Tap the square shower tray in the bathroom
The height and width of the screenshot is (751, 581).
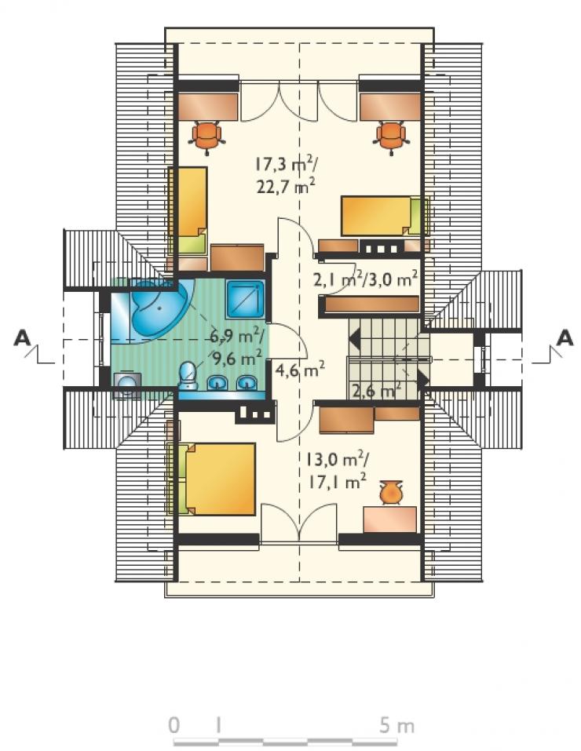pyautogui.click(x=246, y=299)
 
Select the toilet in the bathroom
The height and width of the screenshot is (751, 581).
pyautogui.click(x=188, y=377)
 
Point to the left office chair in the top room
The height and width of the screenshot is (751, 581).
pyautogui.click(x=207, y=137)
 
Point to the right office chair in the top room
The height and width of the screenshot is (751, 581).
pyautogui.click(x=391, y=137)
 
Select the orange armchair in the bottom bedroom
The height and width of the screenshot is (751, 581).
pyautogui.click(x=390, y=492)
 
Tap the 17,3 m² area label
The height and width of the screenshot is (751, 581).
pyautogui.click(x=284, y=165)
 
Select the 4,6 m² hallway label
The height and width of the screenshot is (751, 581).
pyautogui.click(x=300, y=370)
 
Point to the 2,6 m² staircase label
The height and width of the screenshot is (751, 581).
pyautogui.click(x=376, y=390)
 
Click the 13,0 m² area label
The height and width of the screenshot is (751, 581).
pyautogui.click(x=337, y=460)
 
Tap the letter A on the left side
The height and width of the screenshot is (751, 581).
pyautogui.click(x=23, y=338)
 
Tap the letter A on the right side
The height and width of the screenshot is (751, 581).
pyautogui.click(x=565, y=338)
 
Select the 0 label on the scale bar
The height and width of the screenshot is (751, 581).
pyautogui.click(x=174, y=726)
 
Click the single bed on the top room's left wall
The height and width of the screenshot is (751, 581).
pyautogui.click(x=188, y=211)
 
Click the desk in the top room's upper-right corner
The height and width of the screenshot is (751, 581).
pyautogui.click(x=390, y=107)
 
